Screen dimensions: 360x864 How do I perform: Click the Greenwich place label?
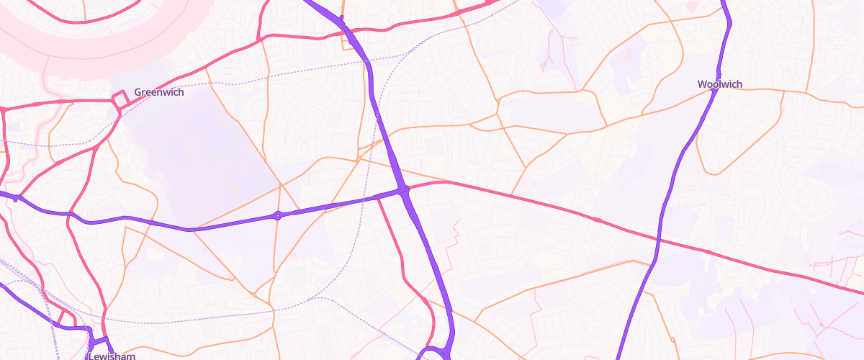tap(158, 92)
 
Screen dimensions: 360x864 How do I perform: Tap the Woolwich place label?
tap(719, 84)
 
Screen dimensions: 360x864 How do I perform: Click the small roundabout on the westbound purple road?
tap(278, 215)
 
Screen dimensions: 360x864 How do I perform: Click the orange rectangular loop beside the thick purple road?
tap(351, 40)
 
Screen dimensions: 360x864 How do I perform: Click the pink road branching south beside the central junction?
tap(392, 238)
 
